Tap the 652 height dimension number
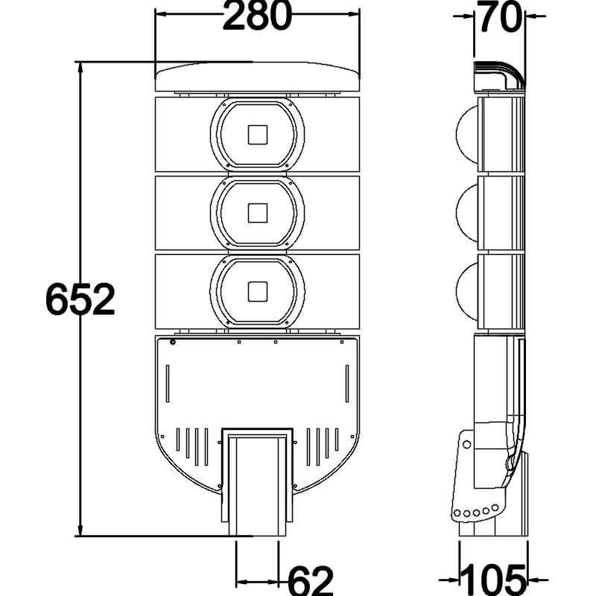point(80,299)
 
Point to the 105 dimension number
point(494,579)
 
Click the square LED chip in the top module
point(258,135)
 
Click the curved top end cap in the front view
point(257,76)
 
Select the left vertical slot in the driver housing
point(168,384)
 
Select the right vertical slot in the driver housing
point(346,384)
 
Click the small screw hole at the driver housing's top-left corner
point(173,343)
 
